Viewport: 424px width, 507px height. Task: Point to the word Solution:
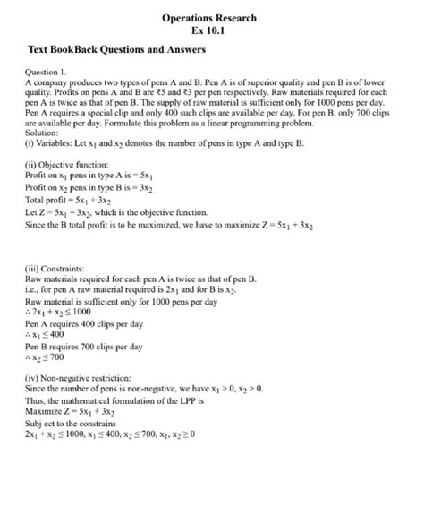pyautogui.click(x=43, y=132)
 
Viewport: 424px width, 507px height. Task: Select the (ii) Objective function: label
pyautogui.click(x=67, y=165)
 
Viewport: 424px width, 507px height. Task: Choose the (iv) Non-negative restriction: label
pyautogui.click(x=79, y=379)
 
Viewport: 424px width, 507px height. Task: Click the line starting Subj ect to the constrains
pyautogui.click(x=71, y=422)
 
